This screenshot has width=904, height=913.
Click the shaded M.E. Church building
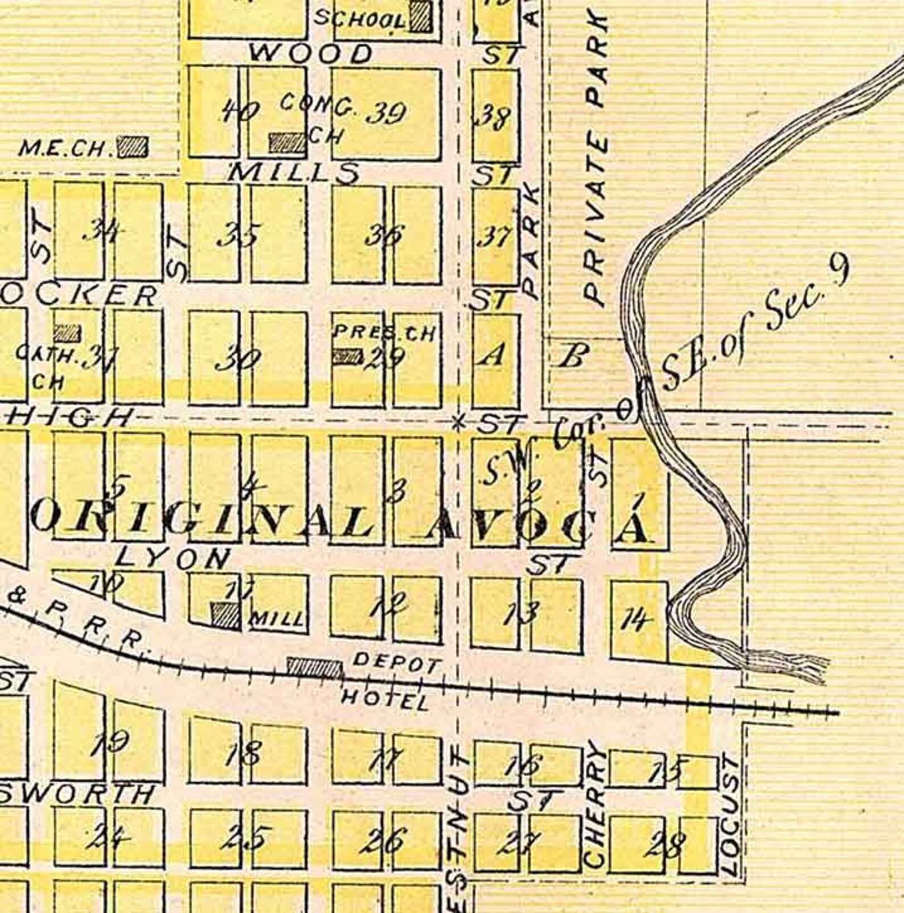(133, 147)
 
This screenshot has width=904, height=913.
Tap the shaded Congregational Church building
(287, 142)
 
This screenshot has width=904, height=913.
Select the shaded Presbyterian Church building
(347, 356)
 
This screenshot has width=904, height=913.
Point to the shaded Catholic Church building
(67, 333)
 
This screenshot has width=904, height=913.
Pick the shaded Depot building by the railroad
(314, 668)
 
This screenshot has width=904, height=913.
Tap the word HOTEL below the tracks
(384, 700)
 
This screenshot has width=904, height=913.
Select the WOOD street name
(311, 54)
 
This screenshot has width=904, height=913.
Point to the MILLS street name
(294, 172)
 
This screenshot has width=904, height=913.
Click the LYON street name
(173, 558)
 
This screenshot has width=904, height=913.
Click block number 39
(386, 114)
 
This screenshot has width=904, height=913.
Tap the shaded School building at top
(421, 16)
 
